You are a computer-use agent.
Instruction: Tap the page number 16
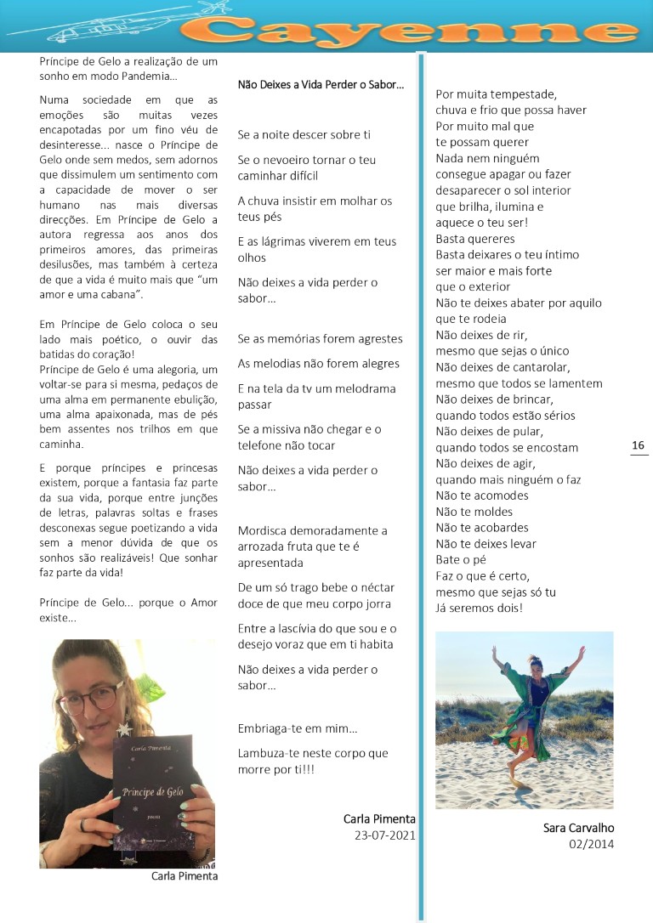(x=639, y=445)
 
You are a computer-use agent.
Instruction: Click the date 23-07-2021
(x=384, y=835)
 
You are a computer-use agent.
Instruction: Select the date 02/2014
(x=591, y=844)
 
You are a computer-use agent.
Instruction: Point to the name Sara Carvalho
(x=578, y=828)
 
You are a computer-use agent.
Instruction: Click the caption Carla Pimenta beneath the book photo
(x=184, y=876)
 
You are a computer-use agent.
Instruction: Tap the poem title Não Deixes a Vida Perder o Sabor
(x=321, y=85)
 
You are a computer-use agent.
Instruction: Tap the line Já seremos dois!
(x=479, y=608)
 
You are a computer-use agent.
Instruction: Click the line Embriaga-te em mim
(x=298, y=728)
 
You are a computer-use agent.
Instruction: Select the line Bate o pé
(x=460, y=559)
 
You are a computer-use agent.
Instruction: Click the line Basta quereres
(x=475, y=239)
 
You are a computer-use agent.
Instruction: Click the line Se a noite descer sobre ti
(x=304, y=134)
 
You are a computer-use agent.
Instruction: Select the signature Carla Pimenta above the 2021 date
(x=379, y=819)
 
